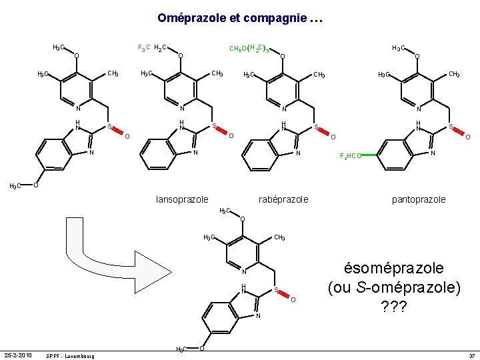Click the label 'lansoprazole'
182,199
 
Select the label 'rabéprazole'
283,199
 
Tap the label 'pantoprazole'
419,199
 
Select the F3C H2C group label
152,48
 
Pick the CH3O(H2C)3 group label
249,48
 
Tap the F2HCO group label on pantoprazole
351,156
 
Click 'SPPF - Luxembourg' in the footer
70,355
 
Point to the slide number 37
471,355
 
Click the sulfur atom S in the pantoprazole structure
451,125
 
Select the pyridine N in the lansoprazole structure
181,109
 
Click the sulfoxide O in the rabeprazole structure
333,137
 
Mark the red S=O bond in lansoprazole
222,131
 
